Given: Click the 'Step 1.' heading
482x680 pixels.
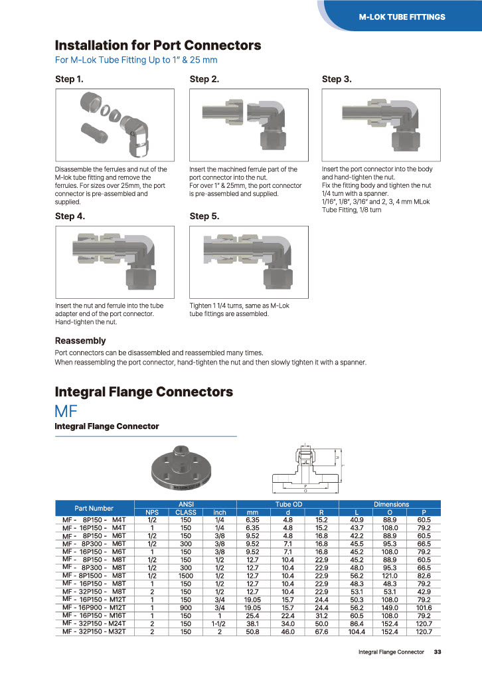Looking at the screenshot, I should (69, 80).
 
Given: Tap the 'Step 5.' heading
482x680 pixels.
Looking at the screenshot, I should (204, 216).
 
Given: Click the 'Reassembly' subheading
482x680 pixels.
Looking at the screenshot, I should (80, 341).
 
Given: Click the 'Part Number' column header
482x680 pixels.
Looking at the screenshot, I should (94, 508).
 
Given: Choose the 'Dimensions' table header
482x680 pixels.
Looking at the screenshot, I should (391, 505).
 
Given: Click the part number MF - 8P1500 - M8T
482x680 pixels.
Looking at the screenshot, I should (94, 575).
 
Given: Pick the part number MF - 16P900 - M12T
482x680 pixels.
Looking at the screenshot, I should (94, 607).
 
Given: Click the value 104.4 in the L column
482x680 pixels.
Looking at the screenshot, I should (357, 632).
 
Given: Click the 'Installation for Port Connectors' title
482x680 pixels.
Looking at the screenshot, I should (157, 46).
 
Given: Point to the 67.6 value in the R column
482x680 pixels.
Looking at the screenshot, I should (321, 632).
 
